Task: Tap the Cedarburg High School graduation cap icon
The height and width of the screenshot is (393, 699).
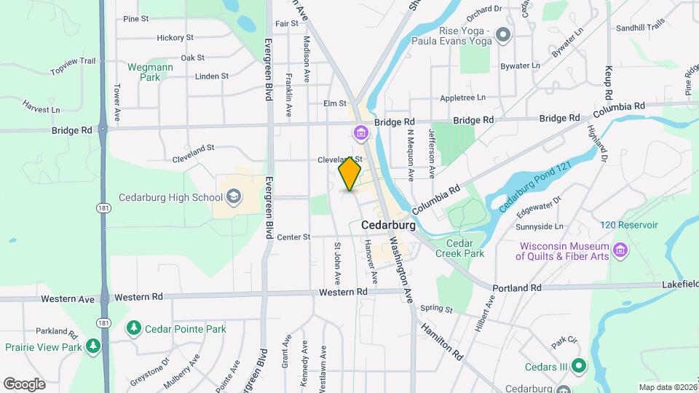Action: (234, 196)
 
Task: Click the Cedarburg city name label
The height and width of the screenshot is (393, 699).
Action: (388, 226)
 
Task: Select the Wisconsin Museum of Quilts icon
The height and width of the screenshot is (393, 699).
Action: (620, 250)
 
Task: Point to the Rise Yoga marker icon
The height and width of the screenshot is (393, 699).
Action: (502, 35)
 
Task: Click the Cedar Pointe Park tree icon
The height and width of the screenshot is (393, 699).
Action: (133, 329)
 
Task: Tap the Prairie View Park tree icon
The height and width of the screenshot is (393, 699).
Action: (93, 346)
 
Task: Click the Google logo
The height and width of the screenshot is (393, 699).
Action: (24, 384)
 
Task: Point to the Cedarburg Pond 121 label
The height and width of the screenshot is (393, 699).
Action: (535, 186)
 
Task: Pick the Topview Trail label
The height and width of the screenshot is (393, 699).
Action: (73, 66)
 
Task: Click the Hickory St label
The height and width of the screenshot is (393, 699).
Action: (175, 38)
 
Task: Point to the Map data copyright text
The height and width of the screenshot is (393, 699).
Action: (667, 387)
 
